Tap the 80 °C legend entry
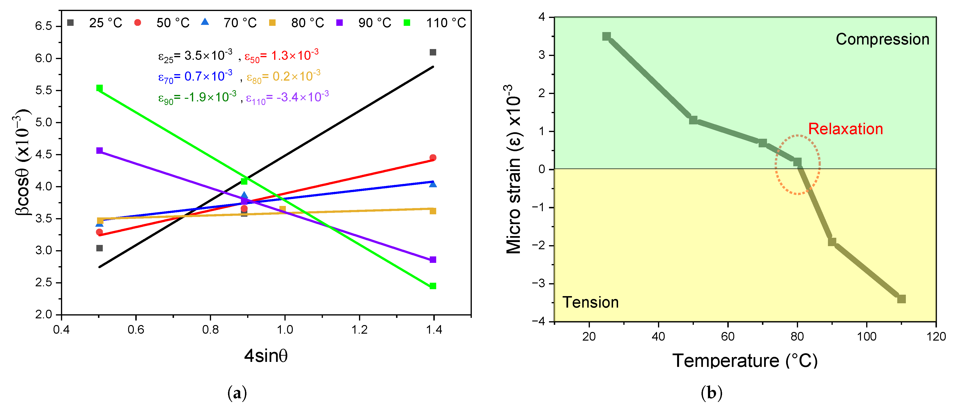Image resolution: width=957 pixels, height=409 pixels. coord(297,23)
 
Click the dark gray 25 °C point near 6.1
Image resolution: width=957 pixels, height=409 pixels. coord(433,52)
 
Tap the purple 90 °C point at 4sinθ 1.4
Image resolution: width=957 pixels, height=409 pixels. coord(433,260)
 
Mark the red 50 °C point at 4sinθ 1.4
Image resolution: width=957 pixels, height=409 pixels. coord(433,158)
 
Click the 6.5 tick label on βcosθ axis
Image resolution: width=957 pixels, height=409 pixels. coord(43,26)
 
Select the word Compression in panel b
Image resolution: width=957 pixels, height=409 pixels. coord(882,39)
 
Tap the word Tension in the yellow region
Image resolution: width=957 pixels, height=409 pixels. coord(590,302)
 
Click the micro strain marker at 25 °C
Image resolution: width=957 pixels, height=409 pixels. coord(606,36)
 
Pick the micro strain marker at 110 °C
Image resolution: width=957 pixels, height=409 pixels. coord(901,299)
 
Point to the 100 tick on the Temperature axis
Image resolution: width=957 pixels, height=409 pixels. coord(866,337)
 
